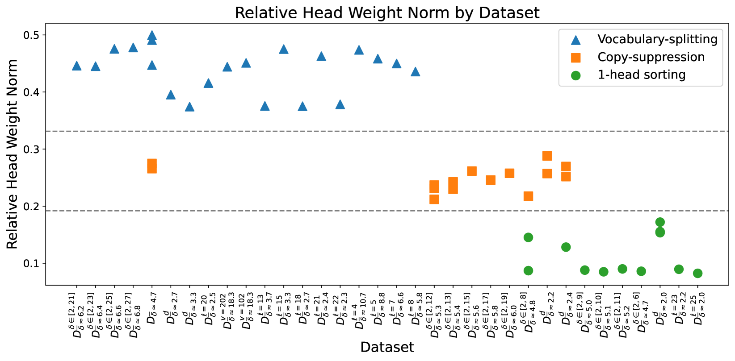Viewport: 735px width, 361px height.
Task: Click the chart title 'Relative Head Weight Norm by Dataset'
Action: (387, 12)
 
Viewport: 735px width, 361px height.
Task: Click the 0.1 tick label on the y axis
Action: (31, 263)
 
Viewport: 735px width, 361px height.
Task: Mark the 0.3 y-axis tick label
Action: (31, 149)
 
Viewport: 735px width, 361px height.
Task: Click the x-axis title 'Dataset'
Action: (387, 347)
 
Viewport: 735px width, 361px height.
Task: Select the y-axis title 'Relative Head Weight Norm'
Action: (13, 154)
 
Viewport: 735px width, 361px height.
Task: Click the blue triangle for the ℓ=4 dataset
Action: (359, 50)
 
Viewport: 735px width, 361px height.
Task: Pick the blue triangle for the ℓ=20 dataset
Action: (208, 83)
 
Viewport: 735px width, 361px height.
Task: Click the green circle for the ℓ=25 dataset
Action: (697, 273)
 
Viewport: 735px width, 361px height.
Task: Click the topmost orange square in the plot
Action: (547, 156)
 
